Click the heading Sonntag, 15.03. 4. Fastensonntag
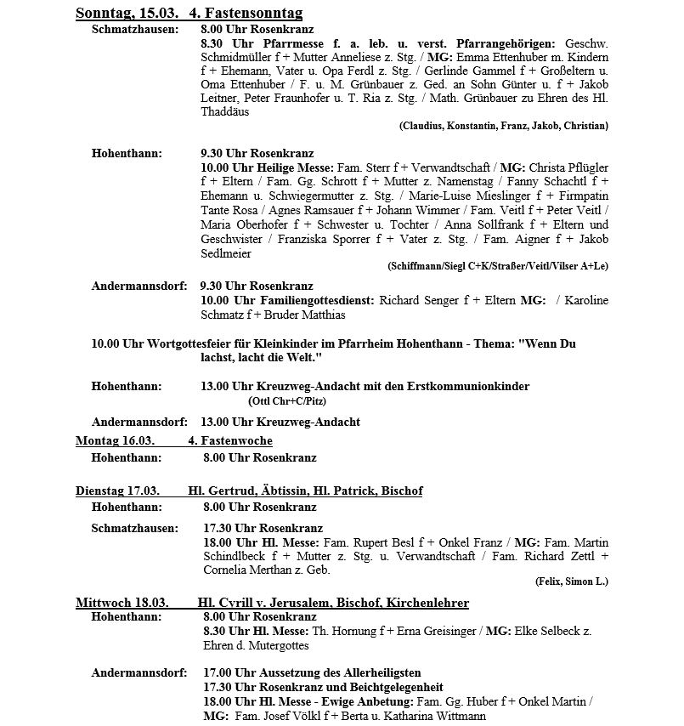click(189, 14)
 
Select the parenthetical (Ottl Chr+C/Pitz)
click(287, 400)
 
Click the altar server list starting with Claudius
click(503, 126)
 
